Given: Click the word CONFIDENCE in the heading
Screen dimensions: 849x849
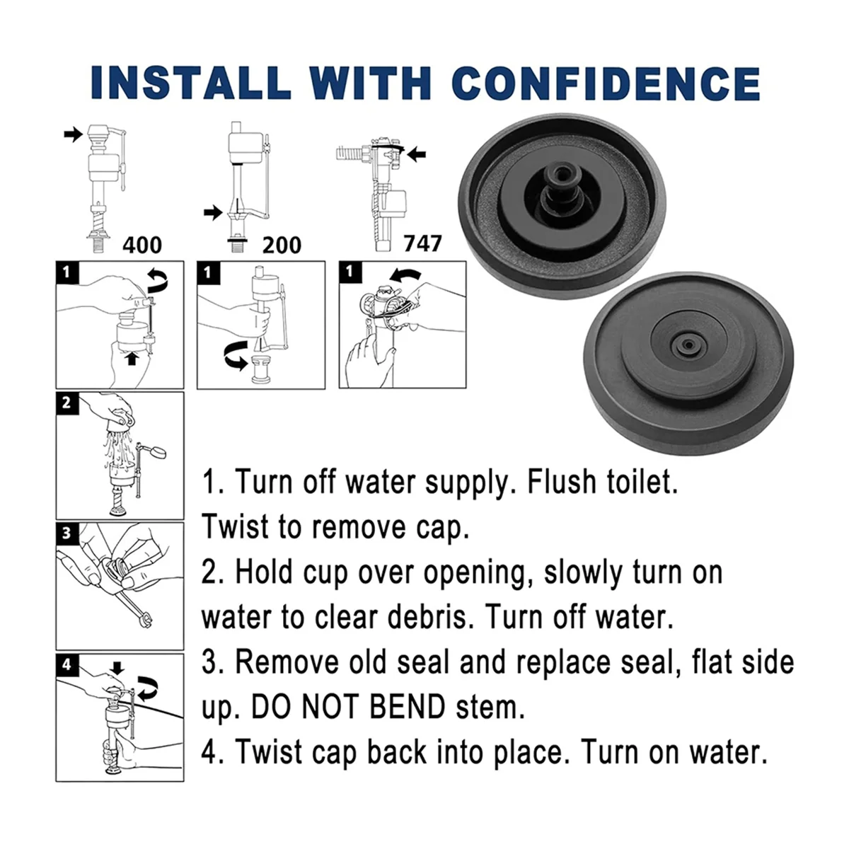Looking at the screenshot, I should [606, 83].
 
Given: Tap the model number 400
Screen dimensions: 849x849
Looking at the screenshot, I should [142, 245].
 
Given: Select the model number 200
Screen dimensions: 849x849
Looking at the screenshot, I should [282, 245].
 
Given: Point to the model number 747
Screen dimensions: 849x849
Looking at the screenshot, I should [422, 243].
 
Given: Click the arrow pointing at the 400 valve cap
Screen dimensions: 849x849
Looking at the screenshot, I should [73, 134].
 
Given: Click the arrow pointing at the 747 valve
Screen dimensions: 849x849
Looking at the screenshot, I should [417, 151].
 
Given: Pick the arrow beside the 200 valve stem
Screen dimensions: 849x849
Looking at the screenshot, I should [212, 211].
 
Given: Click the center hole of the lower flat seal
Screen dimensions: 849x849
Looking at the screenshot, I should [686, 347].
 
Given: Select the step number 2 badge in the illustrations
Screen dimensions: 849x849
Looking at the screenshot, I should [67, 403].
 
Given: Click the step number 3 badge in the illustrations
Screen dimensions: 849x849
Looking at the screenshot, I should [67, 533].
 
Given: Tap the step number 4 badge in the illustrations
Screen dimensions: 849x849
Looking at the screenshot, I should [67, 664].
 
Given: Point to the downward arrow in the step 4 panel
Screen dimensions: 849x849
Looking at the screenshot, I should [117, 668].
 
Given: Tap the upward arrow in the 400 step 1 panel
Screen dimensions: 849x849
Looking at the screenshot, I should [130, 359].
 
